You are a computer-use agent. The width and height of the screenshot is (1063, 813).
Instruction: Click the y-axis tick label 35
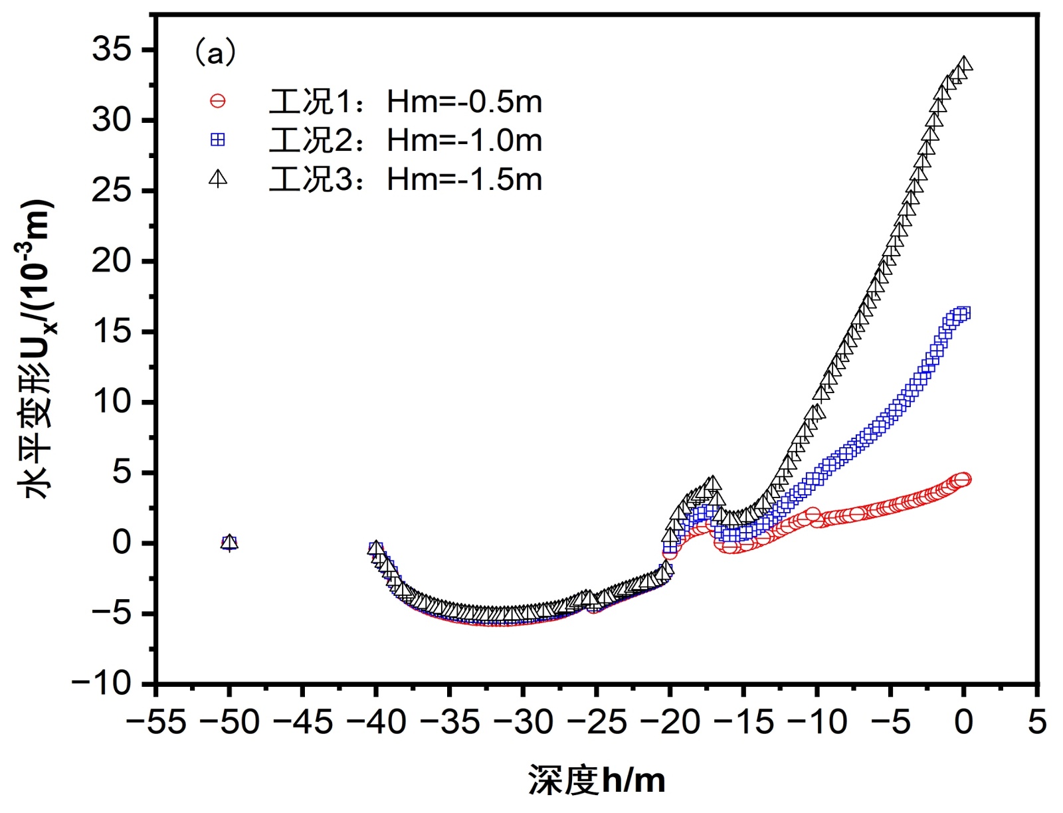(112, 50)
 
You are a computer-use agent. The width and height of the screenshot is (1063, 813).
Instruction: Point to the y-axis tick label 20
(112, 261)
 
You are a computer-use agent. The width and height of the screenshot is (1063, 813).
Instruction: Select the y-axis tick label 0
(122, 543)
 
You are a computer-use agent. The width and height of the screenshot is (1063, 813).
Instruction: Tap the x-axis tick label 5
(1037, 722)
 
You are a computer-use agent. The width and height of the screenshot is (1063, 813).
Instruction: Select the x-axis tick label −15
(743, 722)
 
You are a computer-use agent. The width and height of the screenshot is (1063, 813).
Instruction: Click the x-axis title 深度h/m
(597, 780)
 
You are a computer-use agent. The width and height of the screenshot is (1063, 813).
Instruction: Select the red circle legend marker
(217, 102)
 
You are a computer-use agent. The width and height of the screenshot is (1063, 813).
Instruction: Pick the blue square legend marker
(217, 140)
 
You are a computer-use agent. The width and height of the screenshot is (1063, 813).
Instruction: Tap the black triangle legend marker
(217, 178)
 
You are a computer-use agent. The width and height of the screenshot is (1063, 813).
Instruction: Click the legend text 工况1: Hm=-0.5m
(405, 102)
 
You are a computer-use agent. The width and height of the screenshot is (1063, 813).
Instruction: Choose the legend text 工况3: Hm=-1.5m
(405, 179)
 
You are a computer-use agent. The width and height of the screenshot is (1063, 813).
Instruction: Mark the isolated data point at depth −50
(229, 543)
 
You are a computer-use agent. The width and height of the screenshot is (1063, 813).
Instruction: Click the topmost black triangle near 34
(965, 64)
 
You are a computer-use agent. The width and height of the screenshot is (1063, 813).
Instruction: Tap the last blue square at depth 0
(963, 313)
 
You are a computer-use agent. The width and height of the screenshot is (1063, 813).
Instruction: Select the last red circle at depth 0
(963, 480)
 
